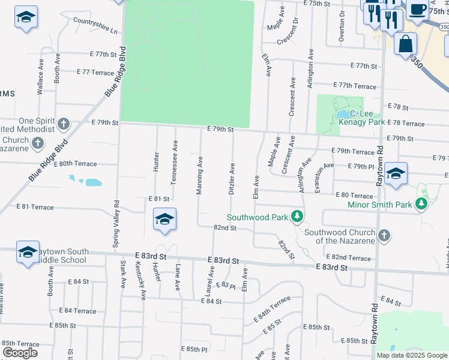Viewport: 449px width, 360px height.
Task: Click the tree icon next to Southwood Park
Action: click(x=296, y=216)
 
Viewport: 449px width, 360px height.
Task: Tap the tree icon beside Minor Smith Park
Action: click(x=421, y=205)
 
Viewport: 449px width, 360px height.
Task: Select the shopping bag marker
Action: click(x=406, y=44)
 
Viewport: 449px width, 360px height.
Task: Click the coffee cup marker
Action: click(x=418, y=10)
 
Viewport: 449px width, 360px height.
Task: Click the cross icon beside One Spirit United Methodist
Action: click(x=63, y=125)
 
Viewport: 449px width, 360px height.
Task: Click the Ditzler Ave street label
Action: click(x=231, y=178)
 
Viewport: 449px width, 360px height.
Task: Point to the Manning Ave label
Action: click(x=199, y=176)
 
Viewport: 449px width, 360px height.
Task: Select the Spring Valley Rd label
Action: click(x=116, y=224)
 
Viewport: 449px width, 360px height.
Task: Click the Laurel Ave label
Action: click(x=211, y=280)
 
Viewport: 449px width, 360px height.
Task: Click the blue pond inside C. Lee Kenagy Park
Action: click(x=342, y=113)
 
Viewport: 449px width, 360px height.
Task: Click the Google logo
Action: click(x=20, y=353)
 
